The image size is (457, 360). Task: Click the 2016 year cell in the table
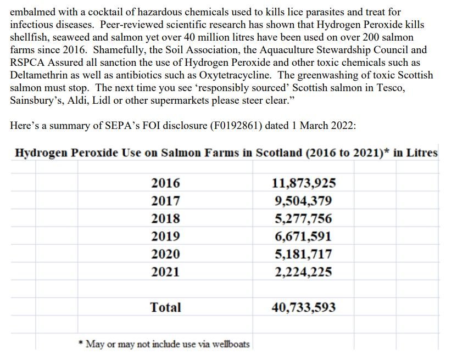click(x=165, y=183)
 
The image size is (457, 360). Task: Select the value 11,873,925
click(x=304, y=183)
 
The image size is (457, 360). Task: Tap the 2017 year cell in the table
click(x=165, y=201)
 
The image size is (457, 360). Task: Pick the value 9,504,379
click(x=303, y=201)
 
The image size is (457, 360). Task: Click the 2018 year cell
click(x=165, y=218)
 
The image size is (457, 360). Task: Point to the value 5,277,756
click(x=303, y=218)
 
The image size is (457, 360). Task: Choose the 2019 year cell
click(x=165, y=236)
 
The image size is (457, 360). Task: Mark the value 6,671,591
click(x=303, y=236)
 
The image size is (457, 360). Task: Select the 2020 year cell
click(x=165, y=254)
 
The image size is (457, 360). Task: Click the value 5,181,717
click(x=303, y=254)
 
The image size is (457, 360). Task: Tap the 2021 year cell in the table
click(x=165, y=272)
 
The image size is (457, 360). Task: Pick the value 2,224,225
click(x=303, y=272)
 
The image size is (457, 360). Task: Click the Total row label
click(x=165, y=307)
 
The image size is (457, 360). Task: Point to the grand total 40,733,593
click(x=304, y=307)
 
